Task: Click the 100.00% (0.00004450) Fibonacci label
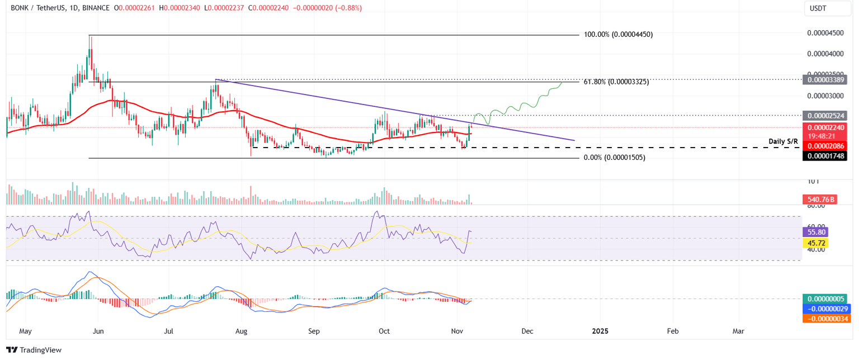click(618, 35)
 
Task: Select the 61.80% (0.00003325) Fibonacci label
click(616, 82)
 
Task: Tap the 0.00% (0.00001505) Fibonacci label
click(614, 158)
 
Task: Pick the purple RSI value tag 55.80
click(814, 231)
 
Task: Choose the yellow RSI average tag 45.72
click(814, 243)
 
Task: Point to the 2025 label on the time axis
click(600, 331)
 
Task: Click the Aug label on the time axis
click(241, 331)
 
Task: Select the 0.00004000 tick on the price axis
click(825, 54)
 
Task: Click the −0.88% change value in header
click(348, 8)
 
